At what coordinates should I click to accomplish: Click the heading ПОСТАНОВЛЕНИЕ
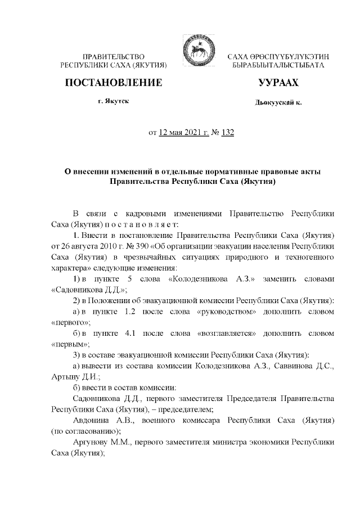pos(114,83)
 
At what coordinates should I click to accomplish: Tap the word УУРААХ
pos(278,83)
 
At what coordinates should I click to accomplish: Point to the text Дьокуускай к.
pos(278,102)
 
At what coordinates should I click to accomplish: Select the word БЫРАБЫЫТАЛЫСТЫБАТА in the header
pos(278,66)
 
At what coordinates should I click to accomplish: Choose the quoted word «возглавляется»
pos(227,334)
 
